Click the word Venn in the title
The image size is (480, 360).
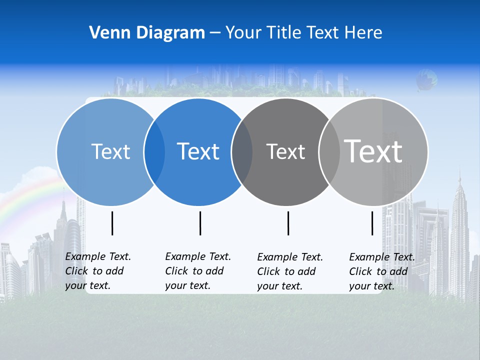108,33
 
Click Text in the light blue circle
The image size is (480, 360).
110,151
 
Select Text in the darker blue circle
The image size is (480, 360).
198,151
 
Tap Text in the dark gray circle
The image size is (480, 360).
285,151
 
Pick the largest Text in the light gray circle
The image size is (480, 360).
373,151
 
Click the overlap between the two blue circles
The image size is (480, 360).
154,151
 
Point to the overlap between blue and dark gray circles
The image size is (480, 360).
242,151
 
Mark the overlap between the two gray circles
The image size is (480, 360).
329,151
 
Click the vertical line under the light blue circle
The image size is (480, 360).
112,223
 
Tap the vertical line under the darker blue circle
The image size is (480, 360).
200,223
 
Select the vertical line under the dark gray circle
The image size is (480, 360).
288,223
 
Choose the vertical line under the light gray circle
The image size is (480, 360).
372,223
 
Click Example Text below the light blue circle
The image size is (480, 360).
98,256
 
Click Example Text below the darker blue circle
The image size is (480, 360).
198,256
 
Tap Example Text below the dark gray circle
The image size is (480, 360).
290,257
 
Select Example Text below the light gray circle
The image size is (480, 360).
382,257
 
